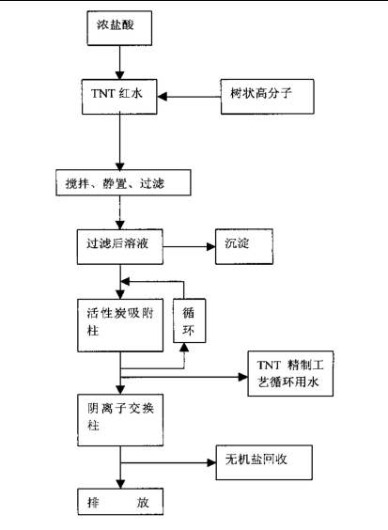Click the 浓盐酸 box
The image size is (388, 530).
click(119, 28)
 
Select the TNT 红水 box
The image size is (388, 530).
click(119, 97)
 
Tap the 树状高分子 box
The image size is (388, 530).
click(268, 97)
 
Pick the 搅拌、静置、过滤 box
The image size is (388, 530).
click(123, 183)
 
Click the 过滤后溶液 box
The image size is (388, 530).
click(120, 247)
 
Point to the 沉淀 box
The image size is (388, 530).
click(244, 246)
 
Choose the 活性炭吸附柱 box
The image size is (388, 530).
click(120, 325)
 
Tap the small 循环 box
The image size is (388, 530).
click(189, 320)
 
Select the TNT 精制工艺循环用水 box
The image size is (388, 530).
click(290, 373)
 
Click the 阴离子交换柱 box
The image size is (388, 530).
click(120, 420)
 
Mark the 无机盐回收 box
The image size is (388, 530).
click(264, 462)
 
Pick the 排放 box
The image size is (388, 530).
click(120, 502)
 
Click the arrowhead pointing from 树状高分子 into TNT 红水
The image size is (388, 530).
click(163, 97)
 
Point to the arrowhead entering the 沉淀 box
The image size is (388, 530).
click(210, 247)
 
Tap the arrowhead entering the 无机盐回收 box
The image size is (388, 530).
click(211, 462)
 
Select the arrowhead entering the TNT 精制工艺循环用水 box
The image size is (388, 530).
click(243, 377)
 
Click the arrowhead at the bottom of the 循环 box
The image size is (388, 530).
click(184, 348)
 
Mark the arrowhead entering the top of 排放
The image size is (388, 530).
click(120, 484)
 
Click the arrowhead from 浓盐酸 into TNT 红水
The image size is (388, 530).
click(119, 75)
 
